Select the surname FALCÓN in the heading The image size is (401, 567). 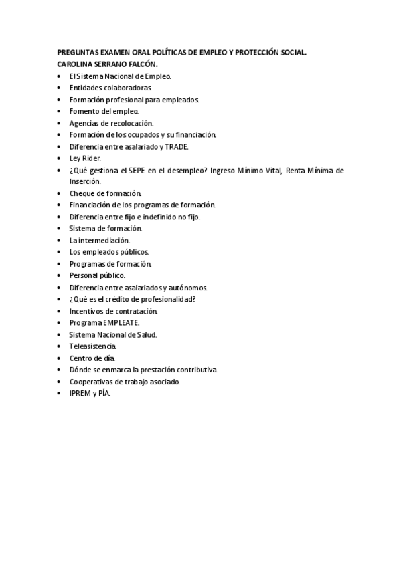coord(141,64)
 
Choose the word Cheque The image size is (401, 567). coord(81,193)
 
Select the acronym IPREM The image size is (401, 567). coord(80,393)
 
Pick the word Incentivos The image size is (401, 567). coord(86,311)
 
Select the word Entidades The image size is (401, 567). coord(85,88)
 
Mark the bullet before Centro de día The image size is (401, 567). coord(60,358)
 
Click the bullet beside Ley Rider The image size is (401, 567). coord(60,158)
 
